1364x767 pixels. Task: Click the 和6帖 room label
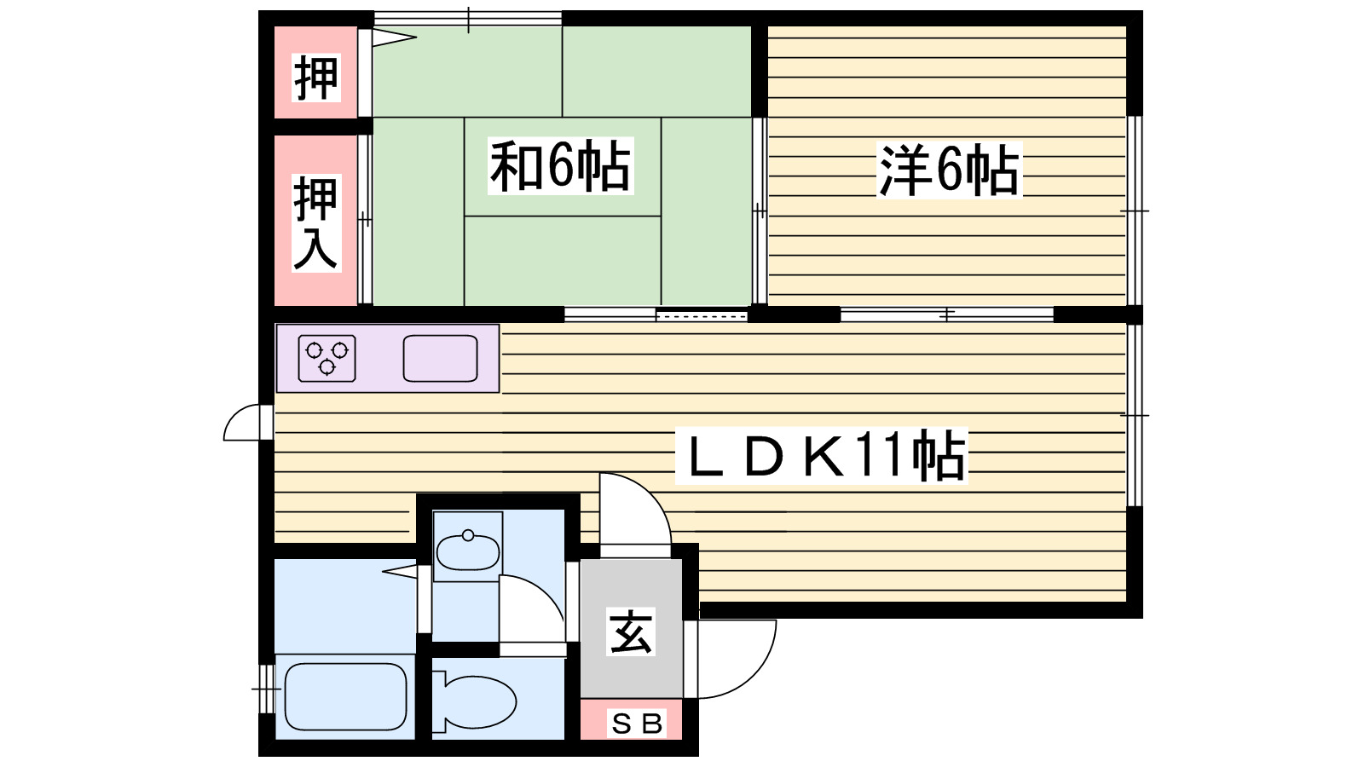[x=560, y=166]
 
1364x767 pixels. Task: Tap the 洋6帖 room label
[x=949, y=170]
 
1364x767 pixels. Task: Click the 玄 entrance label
[x=631, y=631]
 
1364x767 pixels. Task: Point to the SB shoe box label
[x=638, y=724]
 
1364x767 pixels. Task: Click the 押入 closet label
[x=315, y=222]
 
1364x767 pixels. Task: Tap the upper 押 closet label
[x=315, y=77]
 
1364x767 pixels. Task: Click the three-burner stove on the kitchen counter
[x=327, y=358]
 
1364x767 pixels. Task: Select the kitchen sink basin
[x=440, y=358]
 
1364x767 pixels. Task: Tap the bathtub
[x=344, y=696]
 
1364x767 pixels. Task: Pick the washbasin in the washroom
[x=467, y=553]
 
